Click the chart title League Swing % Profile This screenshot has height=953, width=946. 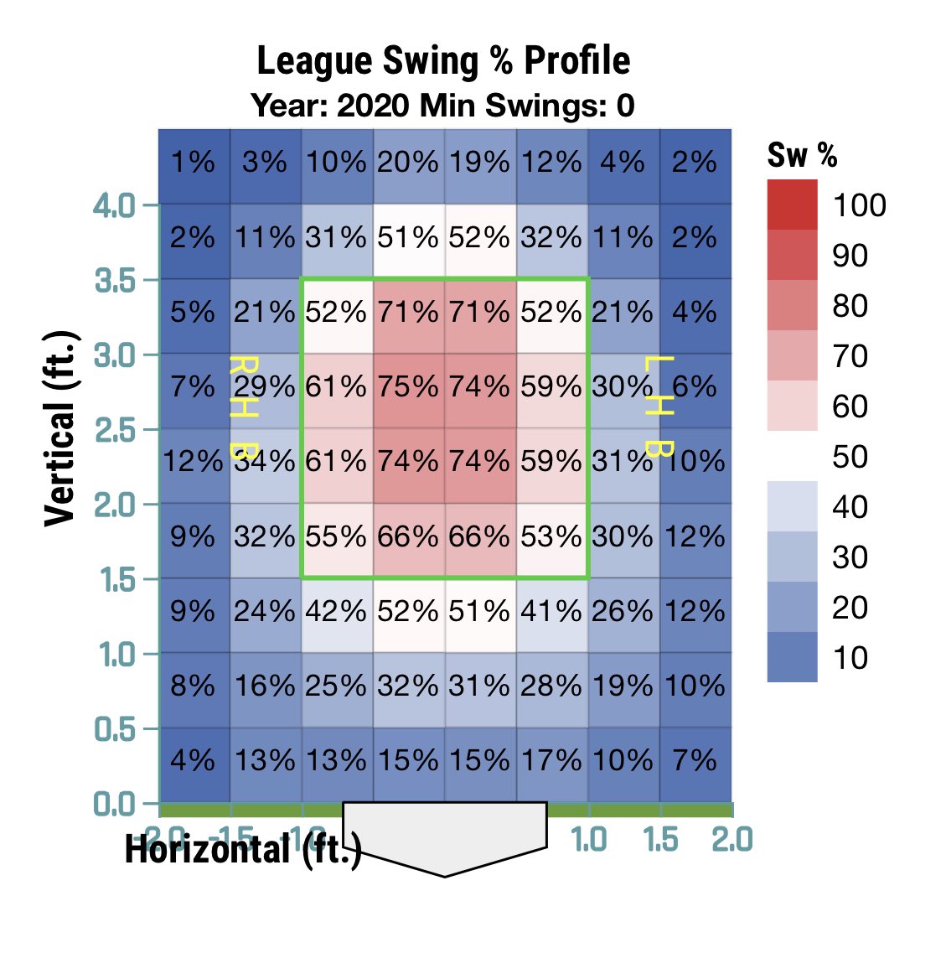[x=443, y=61]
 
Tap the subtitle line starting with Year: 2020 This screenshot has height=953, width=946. [x=443, y=106]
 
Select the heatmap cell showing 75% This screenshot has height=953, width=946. [x=408, y=386]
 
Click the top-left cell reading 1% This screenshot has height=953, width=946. [x=194, y=162]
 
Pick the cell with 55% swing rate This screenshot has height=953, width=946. [x=336, y=536]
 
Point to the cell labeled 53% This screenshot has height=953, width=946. [x=551, y=536]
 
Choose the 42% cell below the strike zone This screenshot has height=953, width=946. [x=336, y=611]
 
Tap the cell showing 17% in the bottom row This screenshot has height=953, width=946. [x=551, y=760]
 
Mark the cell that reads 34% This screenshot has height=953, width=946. [x=265, y=461]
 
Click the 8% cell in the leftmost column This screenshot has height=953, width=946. [x=194, y=686]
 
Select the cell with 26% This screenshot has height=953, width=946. [x=623, y=611]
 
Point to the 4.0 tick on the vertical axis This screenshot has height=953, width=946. [x=114, y=205]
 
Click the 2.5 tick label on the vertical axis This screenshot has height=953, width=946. [x=114, y=430]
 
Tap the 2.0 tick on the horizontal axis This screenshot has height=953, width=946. [x=732, y=839]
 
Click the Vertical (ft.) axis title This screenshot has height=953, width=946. [x=60, y=428]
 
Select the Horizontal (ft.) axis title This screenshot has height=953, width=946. [x=243, y=850]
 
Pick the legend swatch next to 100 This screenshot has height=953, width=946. [x=792, y=205]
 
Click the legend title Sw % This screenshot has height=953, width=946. [x=802, y=155]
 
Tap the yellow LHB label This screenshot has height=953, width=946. [x=659, y=407]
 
